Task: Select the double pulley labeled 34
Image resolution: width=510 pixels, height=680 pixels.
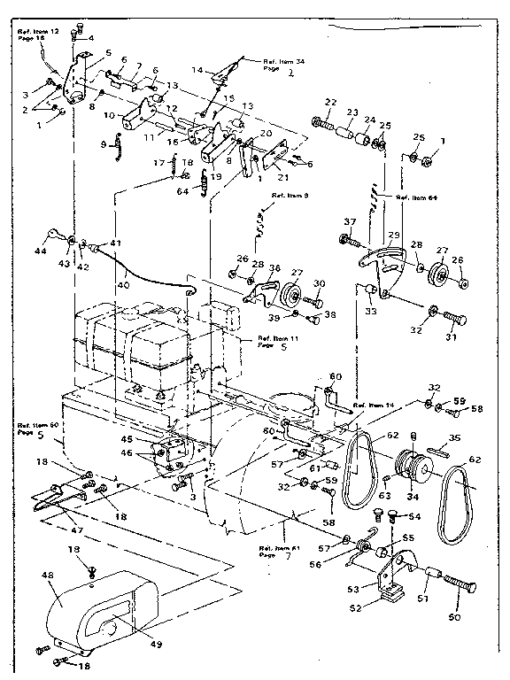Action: [x=408, y=466]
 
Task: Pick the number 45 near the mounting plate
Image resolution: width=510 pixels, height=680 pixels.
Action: [x=127, y=438]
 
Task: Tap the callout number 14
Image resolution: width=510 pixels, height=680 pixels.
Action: [x=197, y=70]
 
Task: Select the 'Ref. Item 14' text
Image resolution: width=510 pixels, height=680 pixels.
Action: [x=371, y=405]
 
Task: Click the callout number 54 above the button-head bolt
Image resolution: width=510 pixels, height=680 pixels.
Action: [x=413, y=515]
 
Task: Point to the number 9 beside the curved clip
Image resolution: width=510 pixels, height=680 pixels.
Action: [x=104, y=144]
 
